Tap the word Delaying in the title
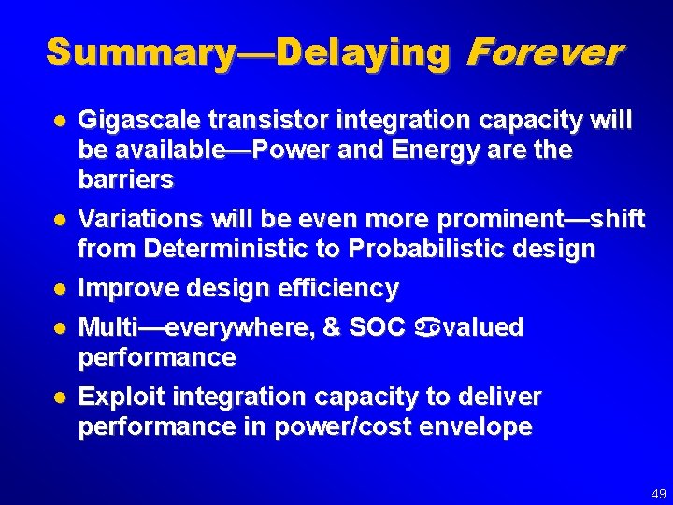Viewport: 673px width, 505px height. (x=364, y=52)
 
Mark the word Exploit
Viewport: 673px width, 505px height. (x=112, y=397)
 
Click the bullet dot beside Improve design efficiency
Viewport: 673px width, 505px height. (x=59, y=289)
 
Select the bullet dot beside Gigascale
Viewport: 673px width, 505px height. (x=59, y=122)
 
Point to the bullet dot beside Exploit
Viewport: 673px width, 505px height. (x=59, y=397)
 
